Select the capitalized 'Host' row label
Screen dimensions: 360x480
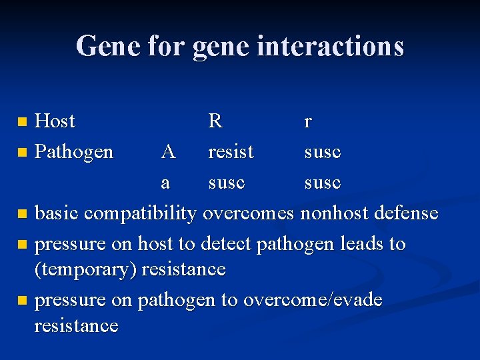pos(55,121)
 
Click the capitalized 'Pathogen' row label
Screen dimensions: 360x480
pos(74,152)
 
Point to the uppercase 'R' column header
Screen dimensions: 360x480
pos(215,121)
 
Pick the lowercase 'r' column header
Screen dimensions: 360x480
pos(307,121)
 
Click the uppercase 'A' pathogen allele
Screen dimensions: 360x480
pos(168,152)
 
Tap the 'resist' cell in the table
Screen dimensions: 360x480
pos(231,152)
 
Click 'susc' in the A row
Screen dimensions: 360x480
pos(323,152)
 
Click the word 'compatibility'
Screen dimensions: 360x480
pos(140,213)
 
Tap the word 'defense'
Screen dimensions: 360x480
pos(407,213)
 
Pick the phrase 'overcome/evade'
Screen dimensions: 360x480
pos(313,300)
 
